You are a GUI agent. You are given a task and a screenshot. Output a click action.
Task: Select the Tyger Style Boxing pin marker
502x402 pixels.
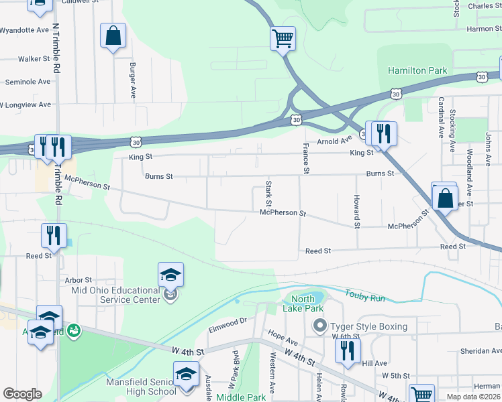click(319, 326)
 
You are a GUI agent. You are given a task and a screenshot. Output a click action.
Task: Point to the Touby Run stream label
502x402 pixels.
click(366, 295)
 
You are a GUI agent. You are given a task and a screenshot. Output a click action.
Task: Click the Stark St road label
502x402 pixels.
click(268, 193)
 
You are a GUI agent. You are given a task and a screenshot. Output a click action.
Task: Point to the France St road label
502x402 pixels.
click(306, 159)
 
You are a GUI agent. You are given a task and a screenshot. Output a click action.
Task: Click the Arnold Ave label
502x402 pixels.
click(334, 141)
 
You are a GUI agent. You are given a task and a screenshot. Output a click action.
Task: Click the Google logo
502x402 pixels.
click(22, 394)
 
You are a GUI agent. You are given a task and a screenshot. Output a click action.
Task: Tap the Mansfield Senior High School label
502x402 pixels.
click(142, 387)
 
